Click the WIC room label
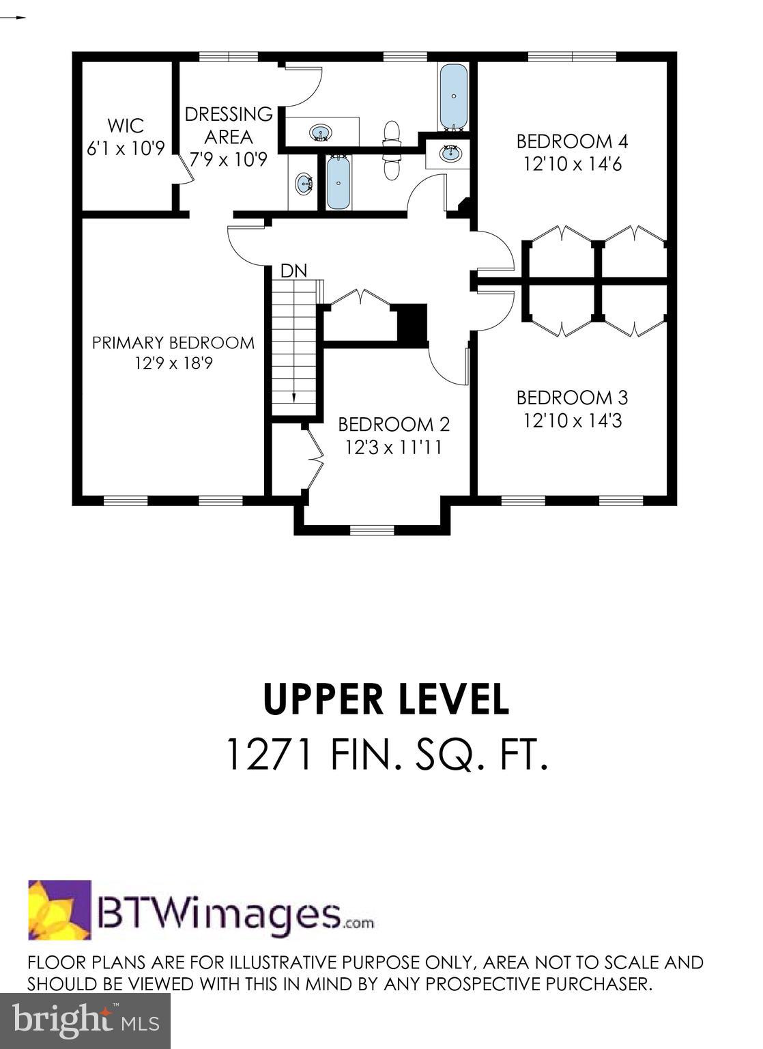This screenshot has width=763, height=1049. click(126, 126)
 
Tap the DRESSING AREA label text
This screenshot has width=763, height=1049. click(229, 126)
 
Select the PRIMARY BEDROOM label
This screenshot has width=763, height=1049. click(173, 342)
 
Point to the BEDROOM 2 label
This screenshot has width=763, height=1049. click(394, 425)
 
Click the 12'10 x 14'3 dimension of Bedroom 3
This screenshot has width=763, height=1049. click(573, 421)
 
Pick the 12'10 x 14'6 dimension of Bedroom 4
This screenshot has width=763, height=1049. click(573, 165)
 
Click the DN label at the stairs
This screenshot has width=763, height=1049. click(293, 270)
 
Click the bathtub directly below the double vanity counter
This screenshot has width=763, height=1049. click(338, 182)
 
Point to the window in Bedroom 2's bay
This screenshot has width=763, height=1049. click(372, 529)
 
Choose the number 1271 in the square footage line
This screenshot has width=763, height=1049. click(269, 756)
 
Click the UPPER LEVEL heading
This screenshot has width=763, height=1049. click(386, 699)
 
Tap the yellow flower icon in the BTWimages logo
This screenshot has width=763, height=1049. click(59, 910)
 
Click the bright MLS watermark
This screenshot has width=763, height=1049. click(85, 1021)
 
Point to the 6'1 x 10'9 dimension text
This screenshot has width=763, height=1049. click(126, 148)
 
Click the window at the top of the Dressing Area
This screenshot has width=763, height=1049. click(228, 56)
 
